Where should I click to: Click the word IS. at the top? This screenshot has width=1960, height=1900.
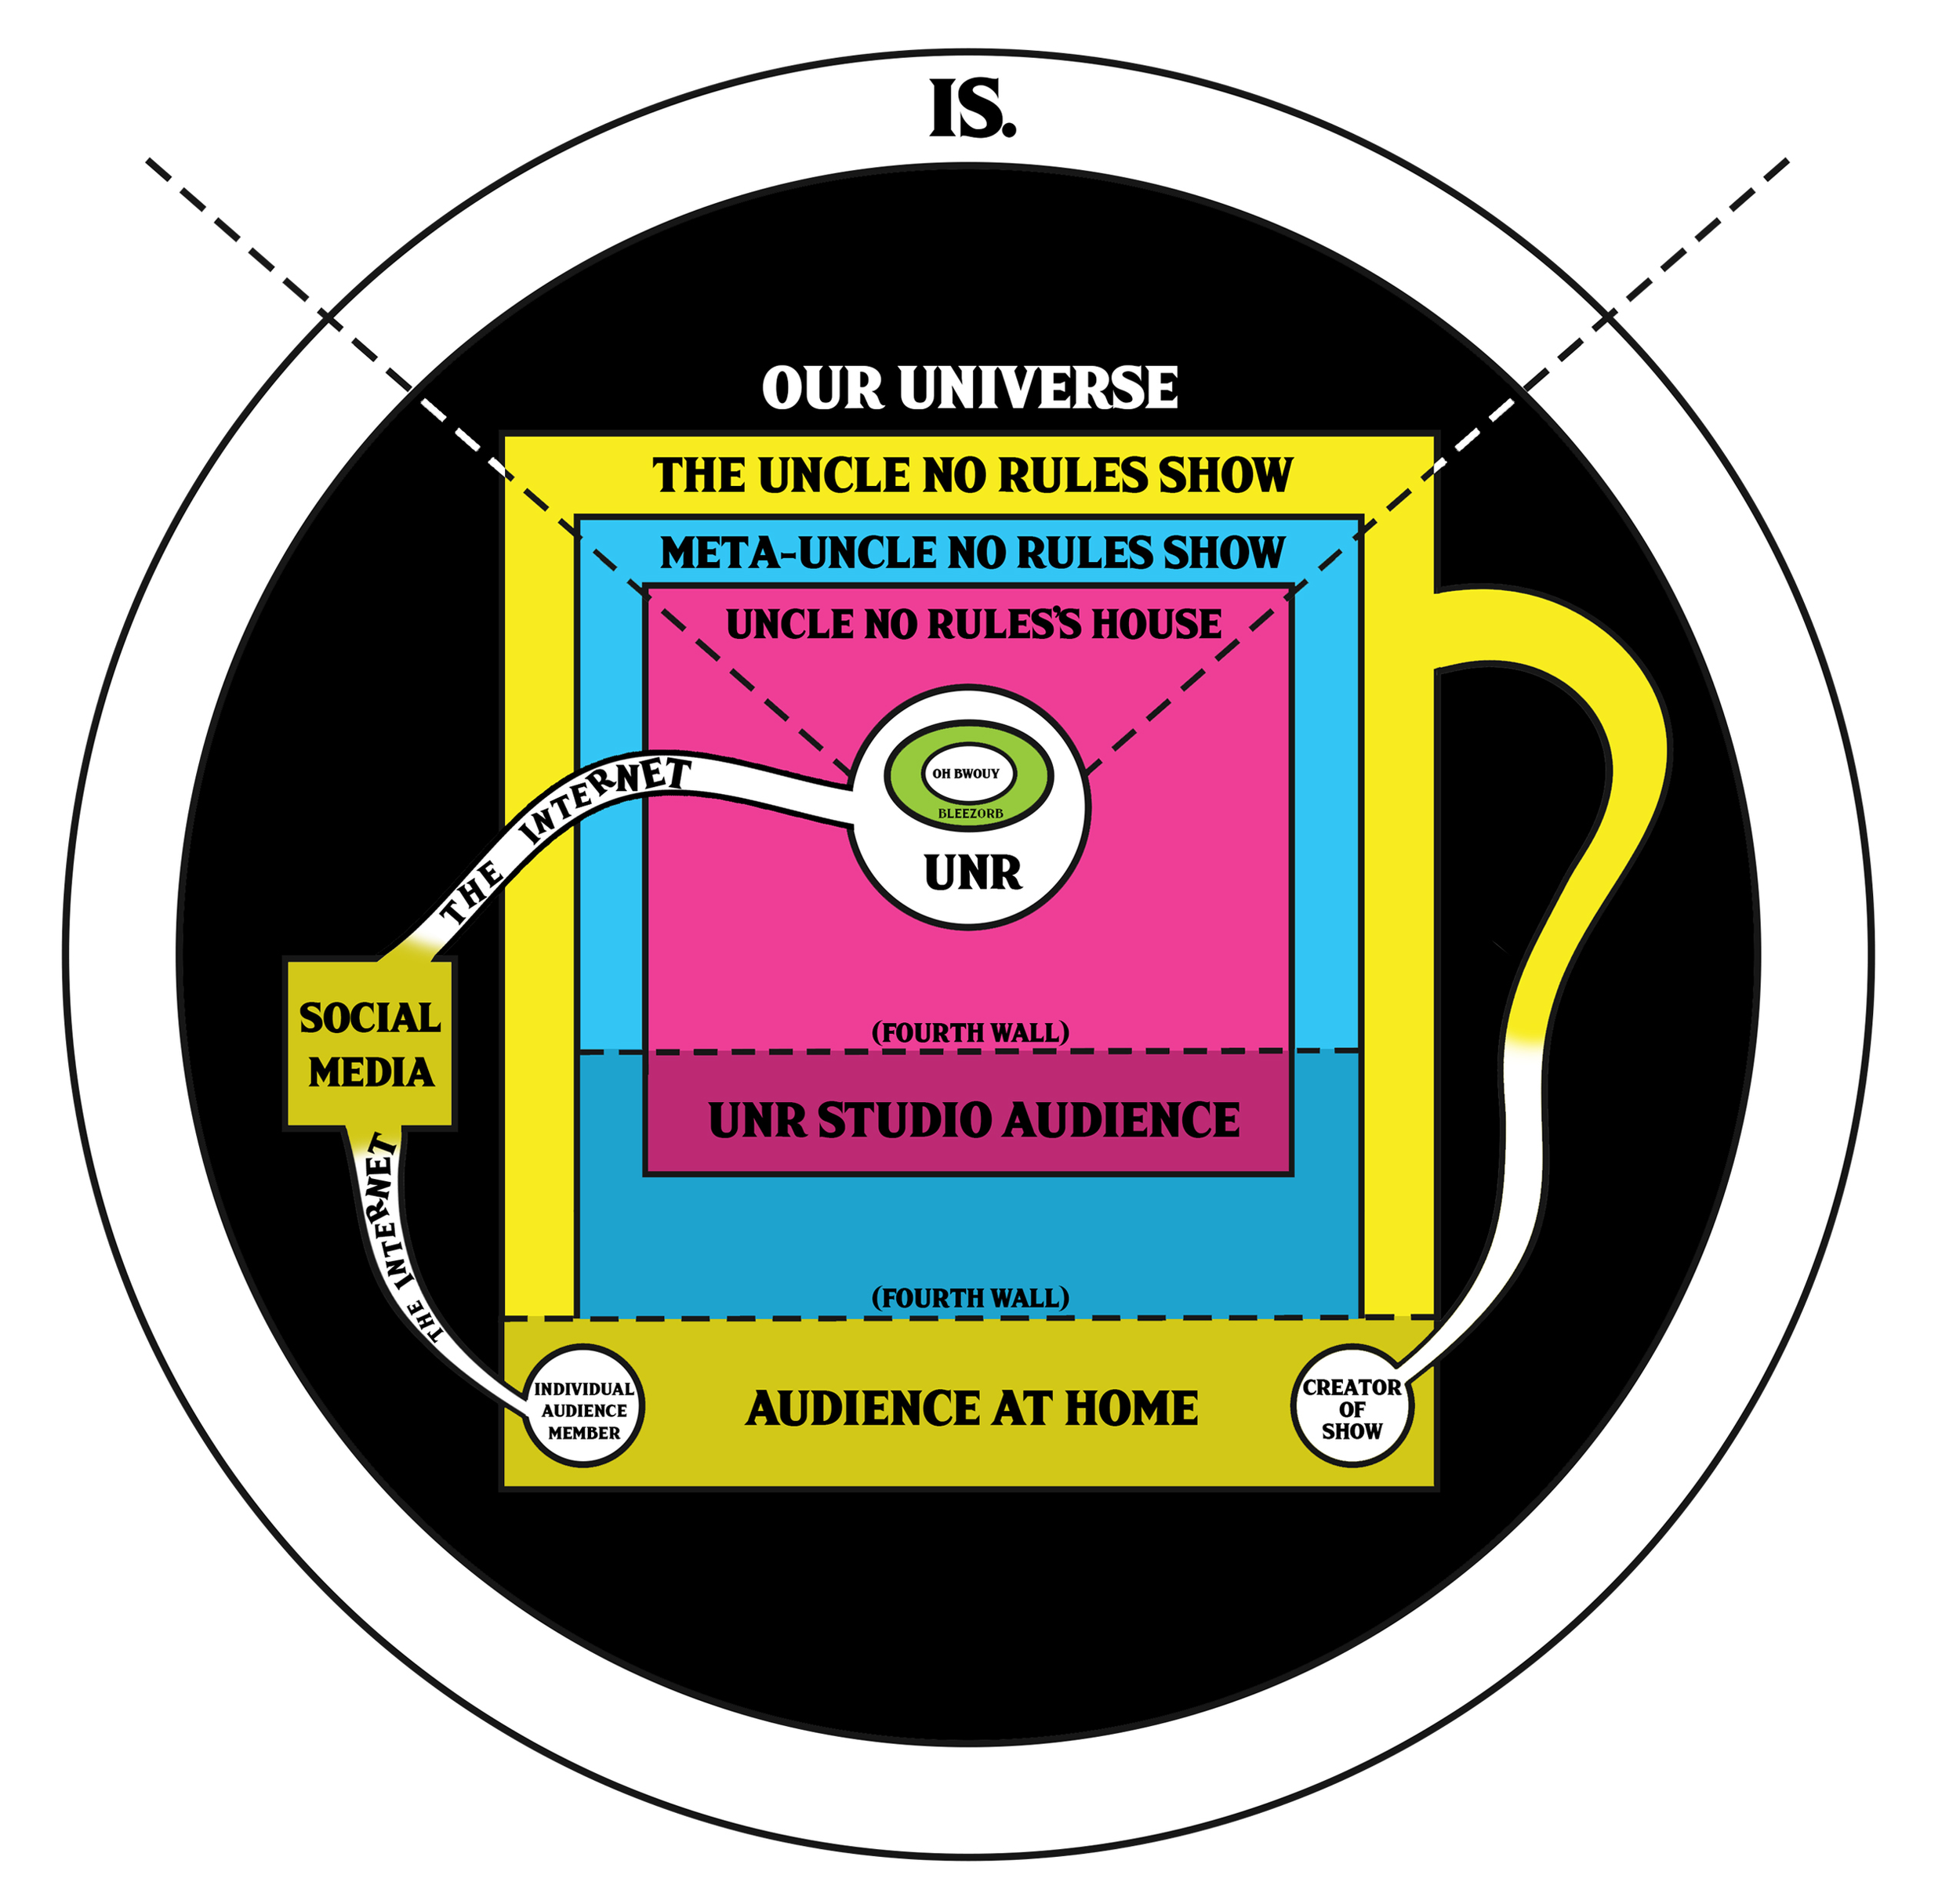point(971,110)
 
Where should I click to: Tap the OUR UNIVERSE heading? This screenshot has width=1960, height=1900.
point(969,388)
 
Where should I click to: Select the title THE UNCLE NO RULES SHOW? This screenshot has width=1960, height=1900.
point(971,476)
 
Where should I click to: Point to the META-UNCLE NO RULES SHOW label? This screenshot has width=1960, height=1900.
point(971,553)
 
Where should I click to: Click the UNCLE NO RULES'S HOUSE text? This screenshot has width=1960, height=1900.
point(972,625)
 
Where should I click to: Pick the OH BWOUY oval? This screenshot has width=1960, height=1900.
point(966,773)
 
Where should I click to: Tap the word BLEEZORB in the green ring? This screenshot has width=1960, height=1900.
point(969,814)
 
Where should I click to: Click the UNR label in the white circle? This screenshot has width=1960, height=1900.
point(972,873)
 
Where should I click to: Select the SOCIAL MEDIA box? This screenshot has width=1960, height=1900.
point(370,1045)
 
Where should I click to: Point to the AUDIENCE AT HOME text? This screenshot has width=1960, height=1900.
point(971,1409)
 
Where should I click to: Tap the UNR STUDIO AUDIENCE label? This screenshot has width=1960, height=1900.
point(973,1120)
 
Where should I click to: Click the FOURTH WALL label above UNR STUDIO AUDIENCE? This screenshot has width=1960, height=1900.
point(970,1032)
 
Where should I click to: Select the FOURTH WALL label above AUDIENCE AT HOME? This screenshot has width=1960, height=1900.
point(970,1298)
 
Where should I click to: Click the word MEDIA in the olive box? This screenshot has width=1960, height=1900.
point(370,1073)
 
